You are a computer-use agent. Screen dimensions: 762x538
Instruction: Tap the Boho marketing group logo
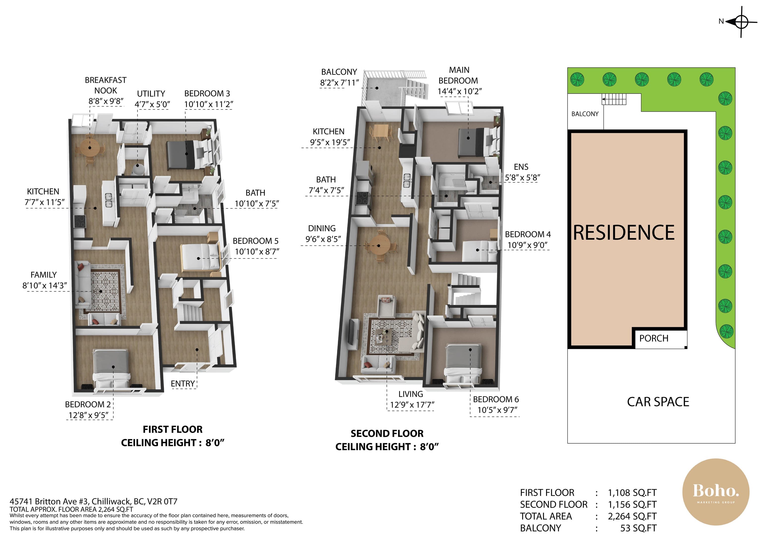[716, 492]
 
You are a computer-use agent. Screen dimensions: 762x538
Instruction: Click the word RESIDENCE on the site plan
[624, 232]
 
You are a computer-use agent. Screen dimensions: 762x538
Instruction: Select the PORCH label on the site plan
[654, 338]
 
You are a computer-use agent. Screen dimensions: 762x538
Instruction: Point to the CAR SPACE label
[658, 402]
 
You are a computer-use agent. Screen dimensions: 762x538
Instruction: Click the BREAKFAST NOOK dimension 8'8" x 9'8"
[106, 101]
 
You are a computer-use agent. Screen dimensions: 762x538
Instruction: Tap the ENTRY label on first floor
[183, 383]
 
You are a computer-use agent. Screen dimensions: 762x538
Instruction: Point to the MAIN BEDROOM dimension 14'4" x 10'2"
[460, 91]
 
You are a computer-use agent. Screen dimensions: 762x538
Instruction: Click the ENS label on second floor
[521, 167]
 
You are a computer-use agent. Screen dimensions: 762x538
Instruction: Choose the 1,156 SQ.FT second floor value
[632, 505]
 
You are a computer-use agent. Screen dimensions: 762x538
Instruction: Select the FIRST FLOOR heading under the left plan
[173, 430]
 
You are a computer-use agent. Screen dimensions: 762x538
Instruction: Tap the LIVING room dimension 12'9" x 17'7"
[412, 405]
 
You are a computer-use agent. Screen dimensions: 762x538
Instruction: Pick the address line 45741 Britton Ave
[94, 502]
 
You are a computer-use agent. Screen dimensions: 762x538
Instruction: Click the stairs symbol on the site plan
[614, 99]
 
